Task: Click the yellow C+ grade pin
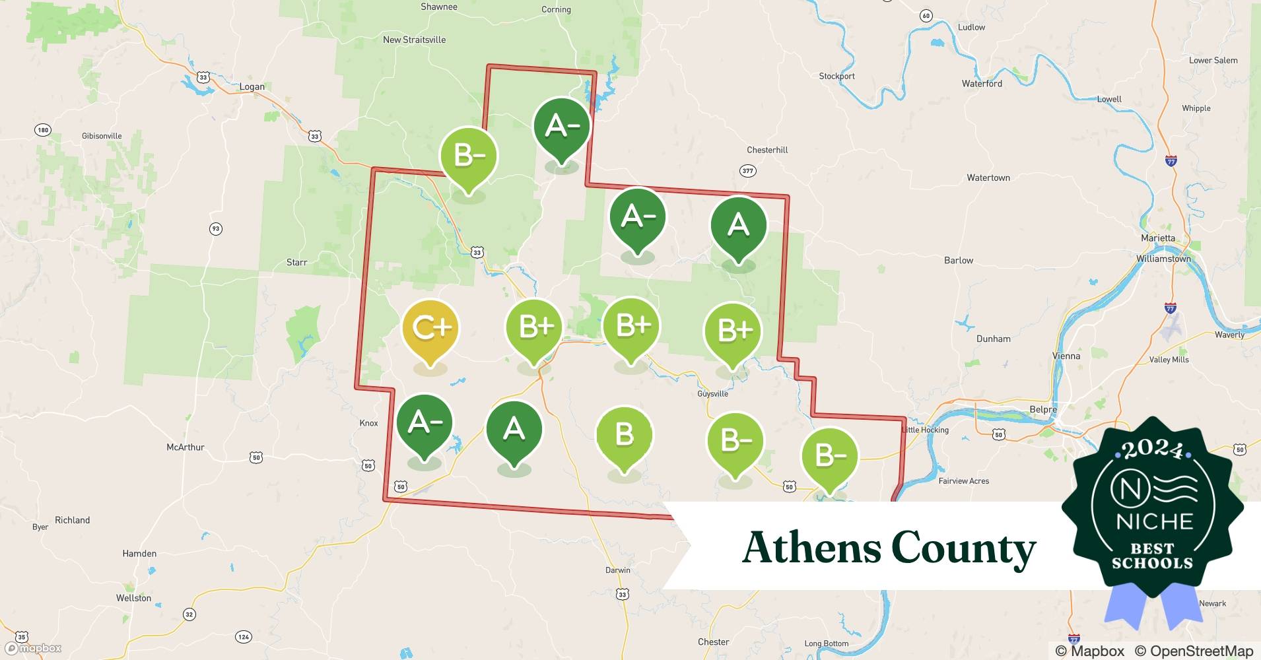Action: coord(430,329)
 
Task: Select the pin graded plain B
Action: coord(624,435)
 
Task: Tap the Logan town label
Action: coord(252,86)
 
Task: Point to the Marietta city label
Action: coord(1158,238)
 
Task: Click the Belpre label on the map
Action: coord(1043,409)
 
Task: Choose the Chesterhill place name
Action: coord(767,150)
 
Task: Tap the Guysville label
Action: coord(712,393)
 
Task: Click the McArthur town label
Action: coord(186,447)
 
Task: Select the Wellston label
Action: coord(133,598)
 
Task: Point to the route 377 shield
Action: coord(747,171)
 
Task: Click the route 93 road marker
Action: coord(215,229)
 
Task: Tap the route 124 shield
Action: coord(244,637)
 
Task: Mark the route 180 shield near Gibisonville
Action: coord(43,130)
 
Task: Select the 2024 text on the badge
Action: coord(1152,450)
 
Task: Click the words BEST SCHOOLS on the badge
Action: coord(1152,556)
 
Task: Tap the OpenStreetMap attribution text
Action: coord(1194,651)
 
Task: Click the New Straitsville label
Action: coord(414,40)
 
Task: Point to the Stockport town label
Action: coord(836,76)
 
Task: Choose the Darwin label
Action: coord(618,570)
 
